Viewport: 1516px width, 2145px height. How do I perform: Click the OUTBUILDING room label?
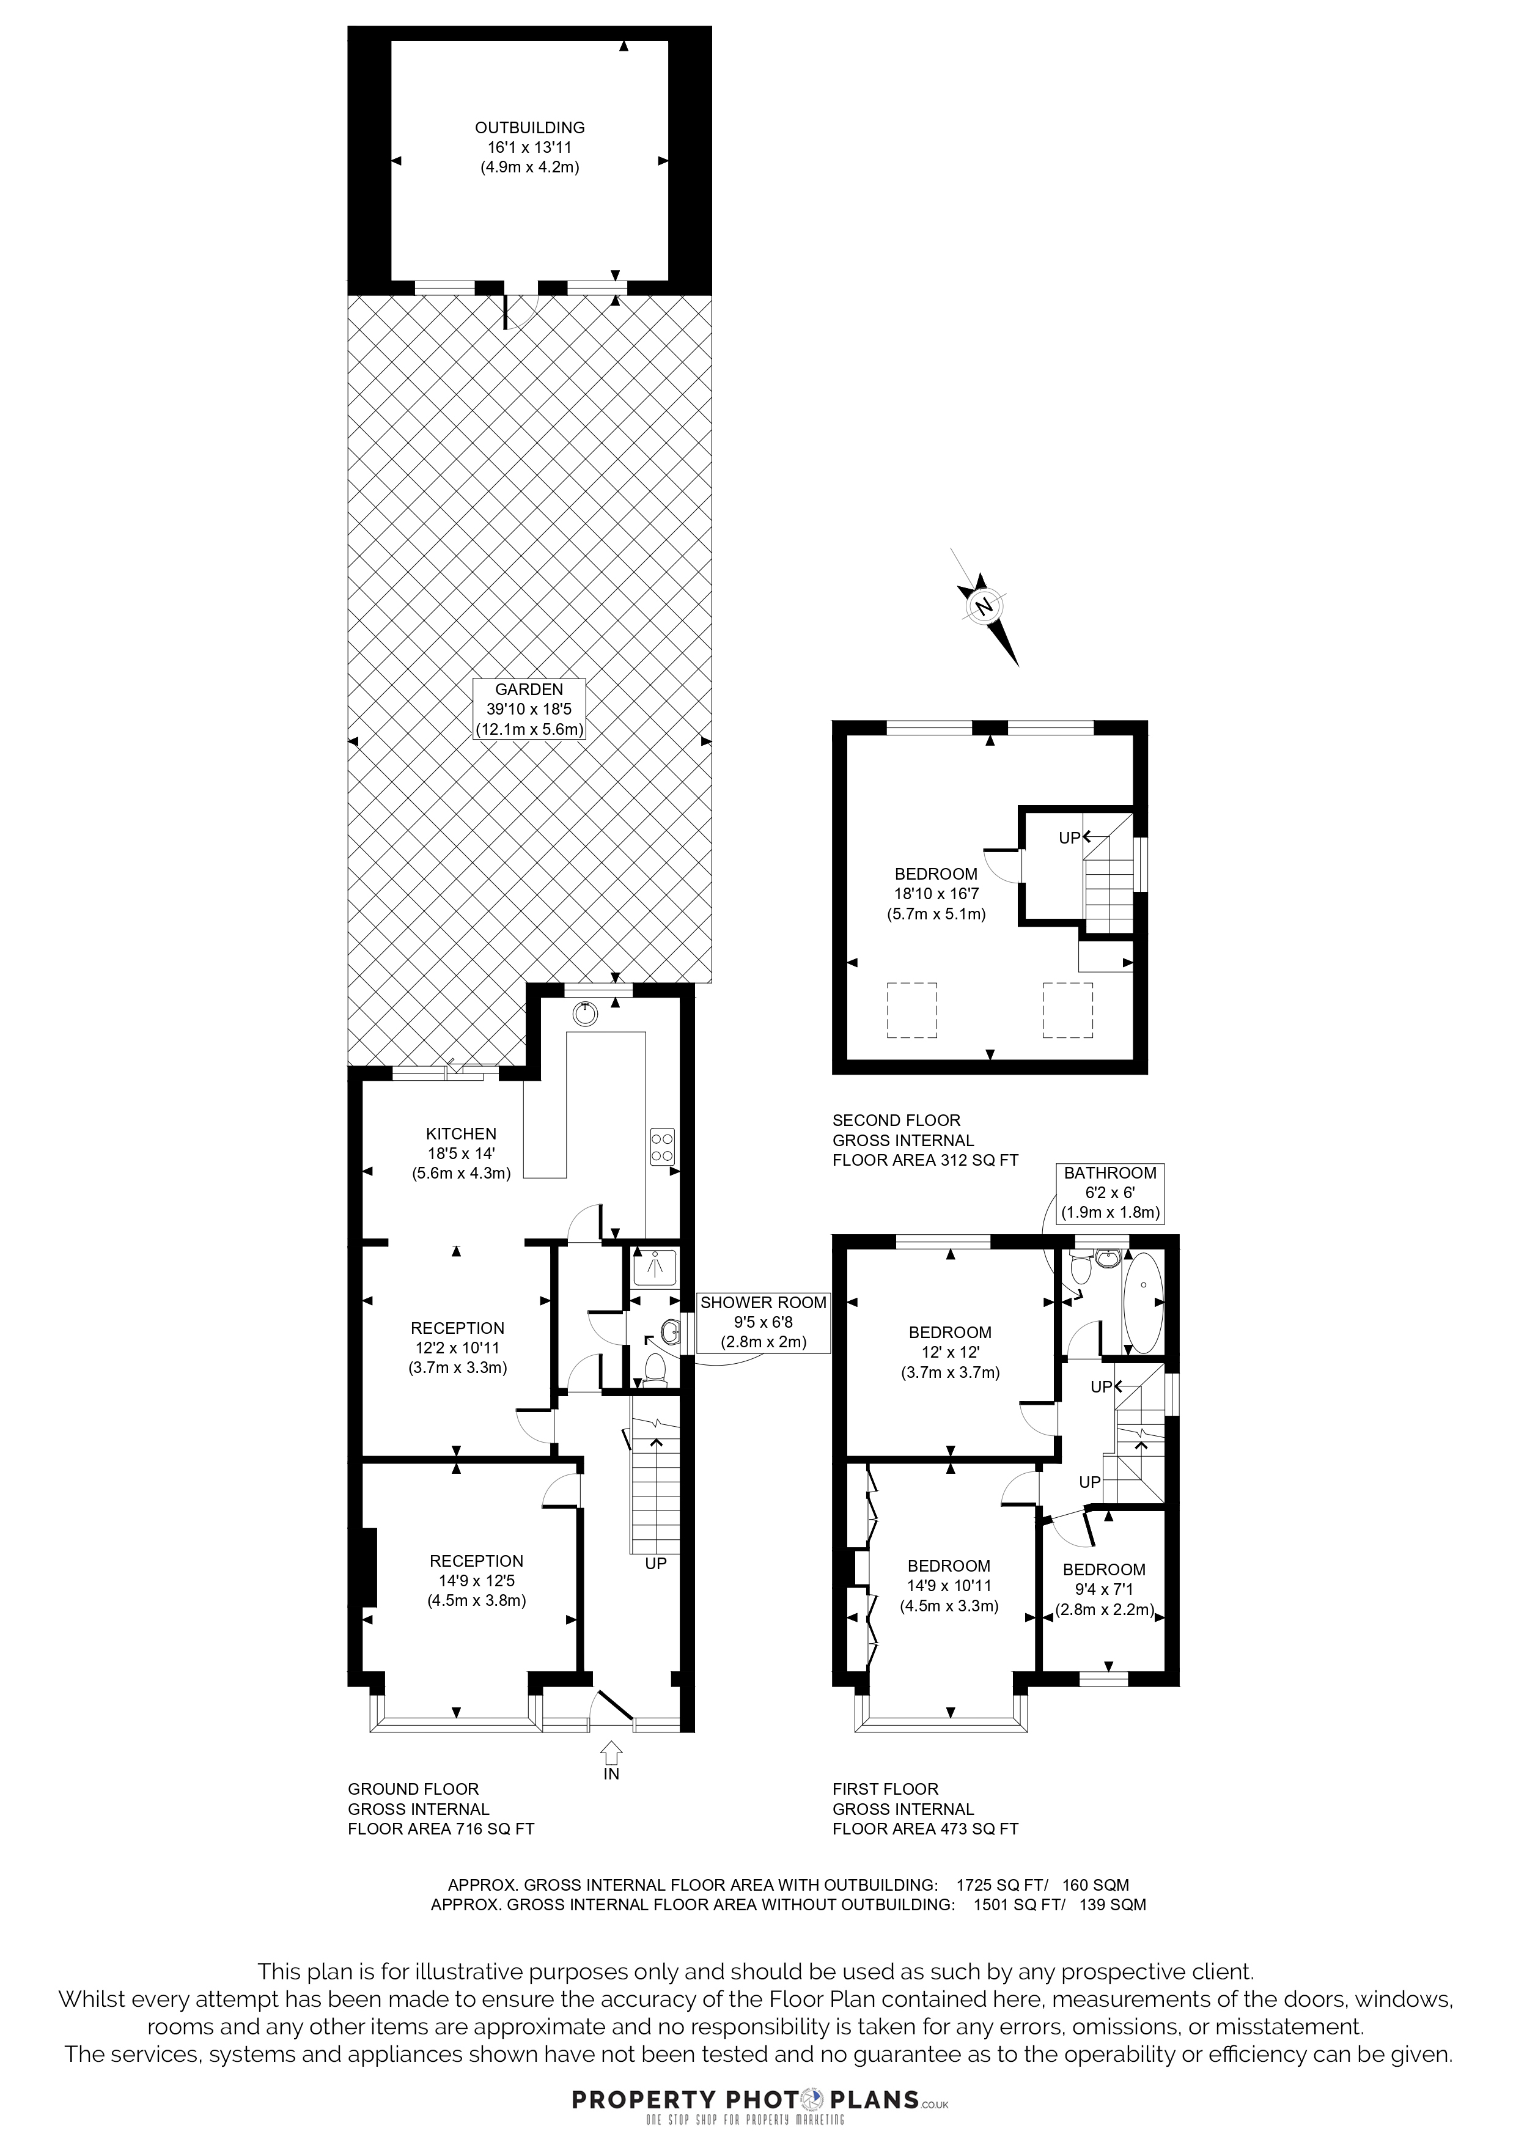529,147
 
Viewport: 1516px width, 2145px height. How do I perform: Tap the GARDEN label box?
529,709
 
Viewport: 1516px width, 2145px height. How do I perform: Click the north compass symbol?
985,606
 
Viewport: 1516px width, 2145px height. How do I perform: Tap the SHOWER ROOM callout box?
763,1322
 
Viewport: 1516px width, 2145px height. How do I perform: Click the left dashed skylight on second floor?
911,1010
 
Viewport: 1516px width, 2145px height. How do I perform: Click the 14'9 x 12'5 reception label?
476,1580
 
